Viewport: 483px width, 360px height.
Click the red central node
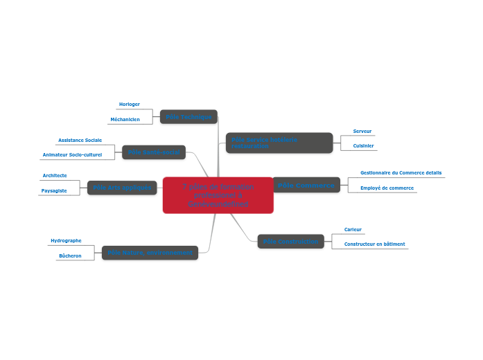(218, 195)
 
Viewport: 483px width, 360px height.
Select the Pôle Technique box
(188, 117)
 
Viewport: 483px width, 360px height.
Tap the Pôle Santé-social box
(154, 152)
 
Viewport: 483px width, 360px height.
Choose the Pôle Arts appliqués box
(122, 188)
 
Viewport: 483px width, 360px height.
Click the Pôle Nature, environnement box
(150, 253)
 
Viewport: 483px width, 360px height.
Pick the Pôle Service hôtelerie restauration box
(279, 143)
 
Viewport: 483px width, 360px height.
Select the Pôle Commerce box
(306, 185)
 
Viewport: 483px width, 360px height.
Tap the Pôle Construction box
(291, 241)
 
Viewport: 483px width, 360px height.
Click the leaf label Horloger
(130, 105)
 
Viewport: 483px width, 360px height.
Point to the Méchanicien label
(125, 119)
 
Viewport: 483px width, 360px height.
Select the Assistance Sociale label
(80, 140)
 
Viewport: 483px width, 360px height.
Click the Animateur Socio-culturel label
(72, 154)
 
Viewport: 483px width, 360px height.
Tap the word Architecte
(55, 176)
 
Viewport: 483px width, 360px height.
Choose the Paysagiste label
(54, 190)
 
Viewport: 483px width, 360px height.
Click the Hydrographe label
(66, 241)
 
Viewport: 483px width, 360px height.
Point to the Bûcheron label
(70, 255)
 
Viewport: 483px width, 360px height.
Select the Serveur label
(362, 131)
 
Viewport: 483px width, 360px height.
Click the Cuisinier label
(363, 145)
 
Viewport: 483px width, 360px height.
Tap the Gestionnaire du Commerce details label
(401, 172)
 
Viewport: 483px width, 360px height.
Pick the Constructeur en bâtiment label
(374, 244)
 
